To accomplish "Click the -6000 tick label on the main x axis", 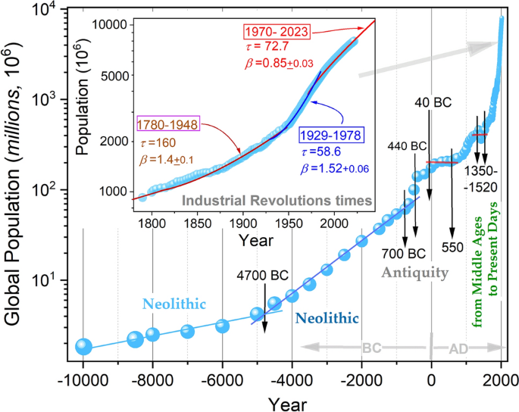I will [222, 379].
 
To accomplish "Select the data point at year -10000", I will [83, 346].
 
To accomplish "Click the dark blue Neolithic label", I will [328, 317].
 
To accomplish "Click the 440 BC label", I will [406, 145].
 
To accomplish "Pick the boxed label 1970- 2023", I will [276, 32].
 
